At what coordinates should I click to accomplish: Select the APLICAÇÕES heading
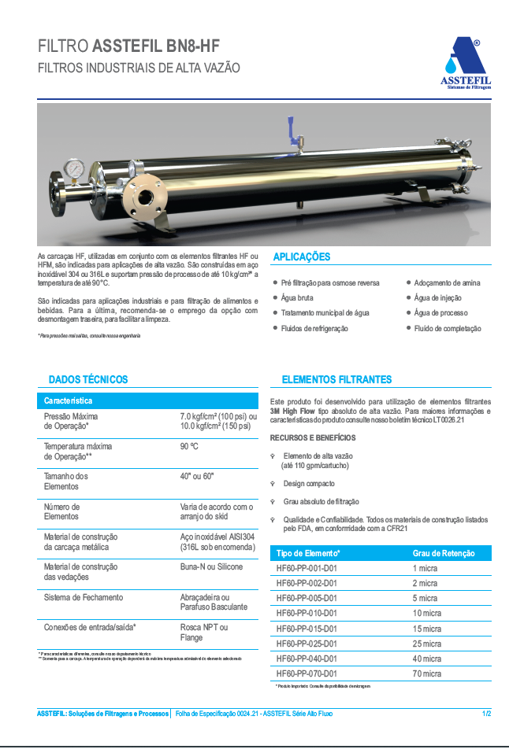pyautogui.click(x=301, y=257)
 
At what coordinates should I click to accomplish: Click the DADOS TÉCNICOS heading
pyautogui.click(x=88, y=379)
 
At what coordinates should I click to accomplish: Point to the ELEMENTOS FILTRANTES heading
pyautogui.click(x=336, y=379)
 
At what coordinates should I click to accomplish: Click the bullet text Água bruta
pyautogui.click(x=297, y=298)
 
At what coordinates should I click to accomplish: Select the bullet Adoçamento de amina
pyautogui.click(x=447, y=282)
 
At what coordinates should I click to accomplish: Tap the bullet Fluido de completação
pyautogui.click(x=448, y=329)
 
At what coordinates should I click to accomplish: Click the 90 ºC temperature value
pyautogui.click(x=189, y=446)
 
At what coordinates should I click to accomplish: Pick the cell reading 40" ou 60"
pyautogui.click(x=197, y=476)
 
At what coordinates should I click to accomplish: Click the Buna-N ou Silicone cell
pyautogui.click(x=211, y=566)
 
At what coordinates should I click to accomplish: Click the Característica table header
pyautogui.click(x=68, y=400)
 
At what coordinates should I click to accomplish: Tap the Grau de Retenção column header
pyautogui.click(x=444, y=553)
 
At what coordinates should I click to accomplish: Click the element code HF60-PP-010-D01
pyautogui.click(x=307, y=613)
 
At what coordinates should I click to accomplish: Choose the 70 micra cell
pyautogui.click(x=426, y=673)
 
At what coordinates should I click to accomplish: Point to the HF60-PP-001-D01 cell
pyautogui.click(x=307, y=568)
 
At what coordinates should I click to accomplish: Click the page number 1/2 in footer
pyautogui.click(x=487, y=714)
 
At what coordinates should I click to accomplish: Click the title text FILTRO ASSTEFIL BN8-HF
pyautogui.click(x=129, y=46)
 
